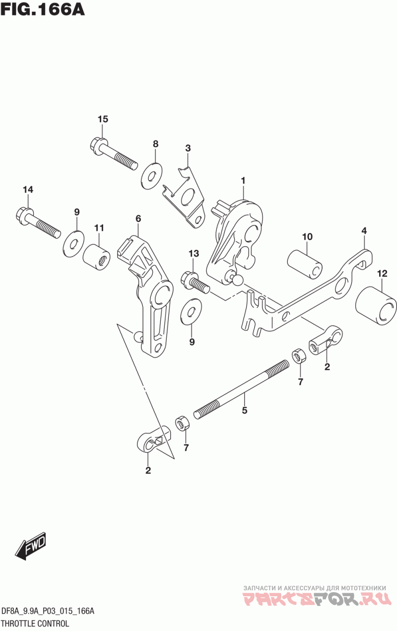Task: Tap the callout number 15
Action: point(103,119)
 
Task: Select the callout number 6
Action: point(138,218)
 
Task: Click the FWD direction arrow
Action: point(30,548)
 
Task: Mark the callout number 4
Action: point(364,230)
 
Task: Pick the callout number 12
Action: point(382,273)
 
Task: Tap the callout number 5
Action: point(244,410)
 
